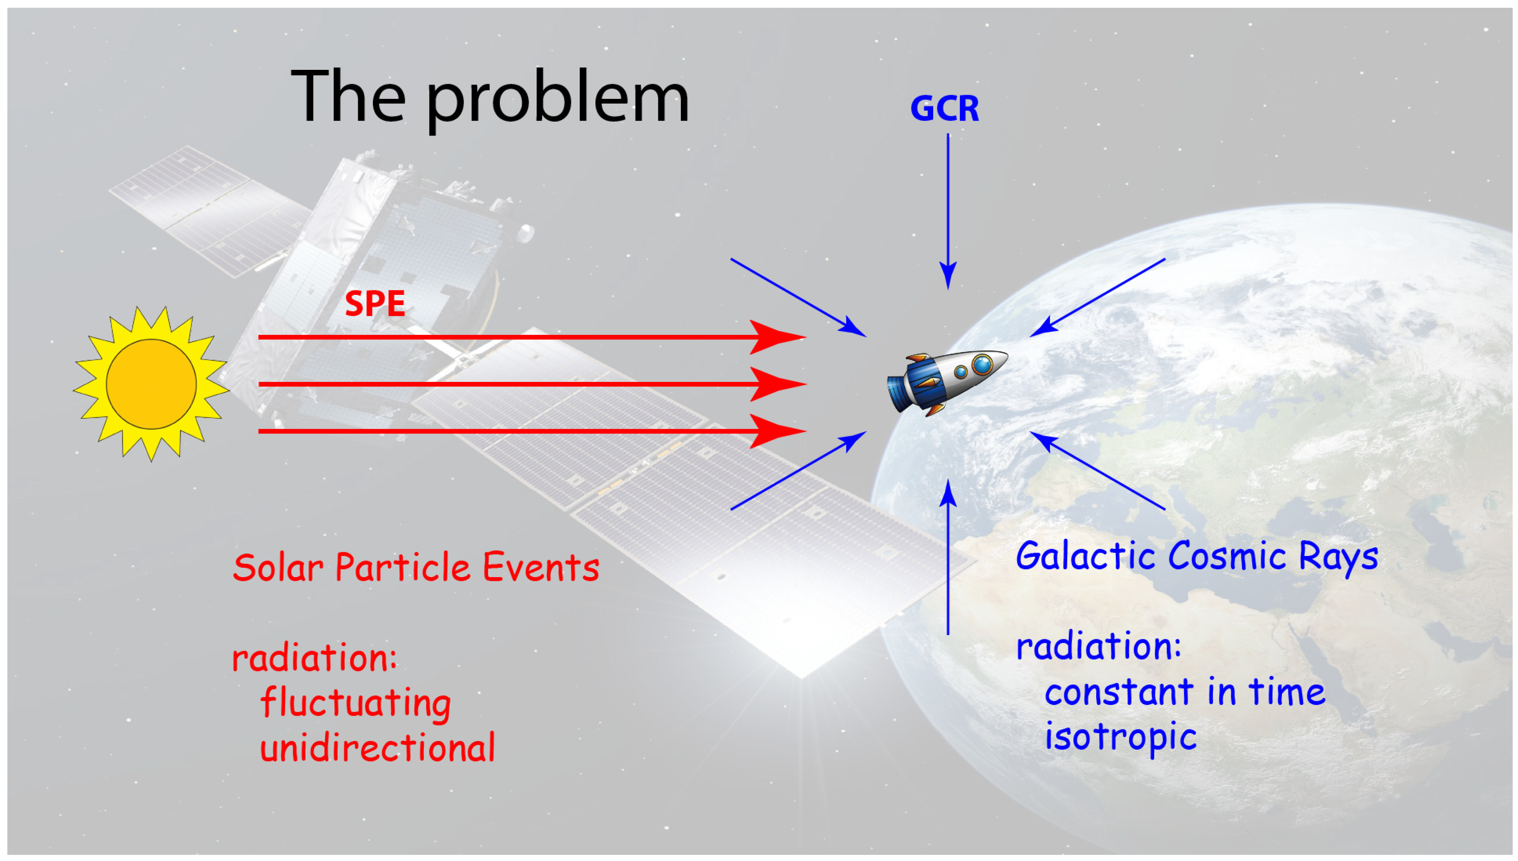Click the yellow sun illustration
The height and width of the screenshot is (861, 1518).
[152, 384]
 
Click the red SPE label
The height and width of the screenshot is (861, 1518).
[375, 303]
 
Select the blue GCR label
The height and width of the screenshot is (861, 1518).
[945, 108]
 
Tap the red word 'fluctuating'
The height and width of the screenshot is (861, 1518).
[355, 703]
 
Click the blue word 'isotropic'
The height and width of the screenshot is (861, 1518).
[1121, 736]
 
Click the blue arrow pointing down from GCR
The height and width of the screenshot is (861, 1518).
[948, 211]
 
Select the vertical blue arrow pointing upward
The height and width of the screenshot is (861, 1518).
[948, 557]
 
